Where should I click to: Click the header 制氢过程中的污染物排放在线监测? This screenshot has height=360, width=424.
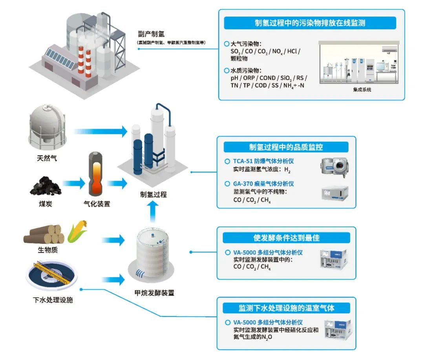(x=310, y=23)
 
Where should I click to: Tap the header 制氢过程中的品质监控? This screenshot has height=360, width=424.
(x=286, y=147)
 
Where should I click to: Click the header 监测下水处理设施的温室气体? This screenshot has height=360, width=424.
(x=286, y=307)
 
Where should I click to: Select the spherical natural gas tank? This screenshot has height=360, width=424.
(x=48, y=126)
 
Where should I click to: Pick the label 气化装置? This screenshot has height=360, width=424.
(x=97, y=204)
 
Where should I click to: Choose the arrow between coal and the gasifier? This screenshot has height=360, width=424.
(x=74, y=183)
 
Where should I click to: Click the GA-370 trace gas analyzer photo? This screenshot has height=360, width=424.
(x=333, y=194)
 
